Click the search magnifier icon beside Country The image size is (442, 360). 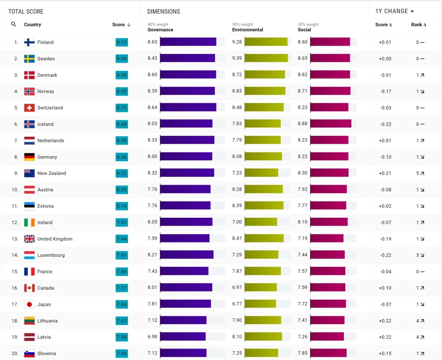click(x=14, y=24)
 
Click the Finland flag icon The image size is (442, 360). click(x=29, y=42)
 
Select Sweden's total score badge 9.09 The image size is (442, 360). click(x=122, y=59)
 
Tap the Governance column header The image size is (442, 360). click(x=160, y=30)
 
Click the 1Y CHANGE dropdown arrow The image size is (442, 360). click(x=412, y=12)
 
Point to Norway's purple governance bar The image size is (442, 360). click(x=187, y=91)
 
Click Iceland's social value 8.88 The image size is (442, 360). click(x=302, y=123)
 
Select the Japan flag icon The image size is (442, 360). click(x=29, y=304)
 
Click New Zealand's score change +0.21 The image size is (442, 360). click(x=385, y=174)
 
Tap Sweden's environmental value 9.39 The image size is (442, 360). click(x=237, y=58)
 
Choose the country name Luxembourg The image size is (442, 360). click(x=51, y=255)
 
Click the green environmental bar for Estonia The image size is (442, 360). click(x=264, y=205)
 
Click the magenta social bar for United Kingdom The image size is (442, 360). click(x=326, y=238)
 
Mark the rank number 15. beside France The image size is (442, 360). click(x=15, y=272)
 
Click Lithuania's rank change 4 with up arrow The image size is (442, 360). click(x=420, y=321)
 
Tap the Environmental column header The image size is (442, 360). click(x=248, y=30)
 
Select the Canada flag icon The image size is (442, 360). click(x=29, y=288)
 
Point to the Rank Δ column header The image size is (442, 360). click(x=419, y=25)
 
